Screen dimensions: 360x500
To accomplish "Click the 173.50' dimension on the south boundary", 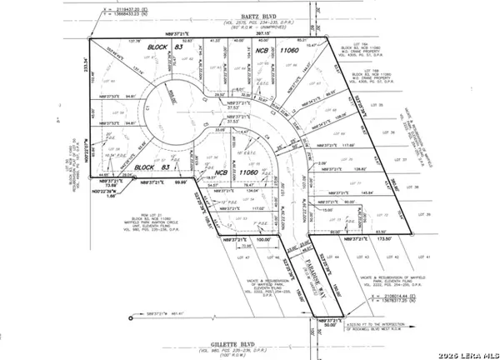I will point(384,237).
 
